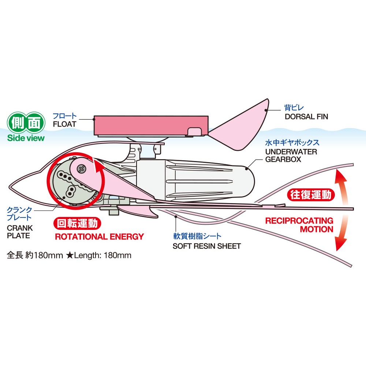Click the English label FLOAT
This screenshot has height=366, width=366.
(64, 124)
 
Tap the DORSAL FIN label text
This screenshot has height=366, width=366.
(306, 117)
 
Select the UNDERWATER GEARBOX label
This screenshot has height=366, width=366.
(286, 156)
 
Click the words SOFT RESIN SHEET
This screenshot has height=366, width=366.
(206, 246)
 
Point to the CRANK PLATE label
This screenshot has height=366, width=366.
(20, 232)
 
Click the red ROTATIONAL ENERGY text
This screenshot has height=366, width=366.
(99, 236)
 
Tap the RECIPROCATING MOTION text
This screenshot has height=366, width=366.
(299, 225)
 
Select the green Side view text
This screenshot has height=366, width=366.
(26, 138)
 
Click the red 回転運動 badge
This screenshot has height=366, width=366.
(77, 223)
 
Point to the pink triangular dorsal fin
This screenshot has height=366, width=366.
(244, 124)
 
